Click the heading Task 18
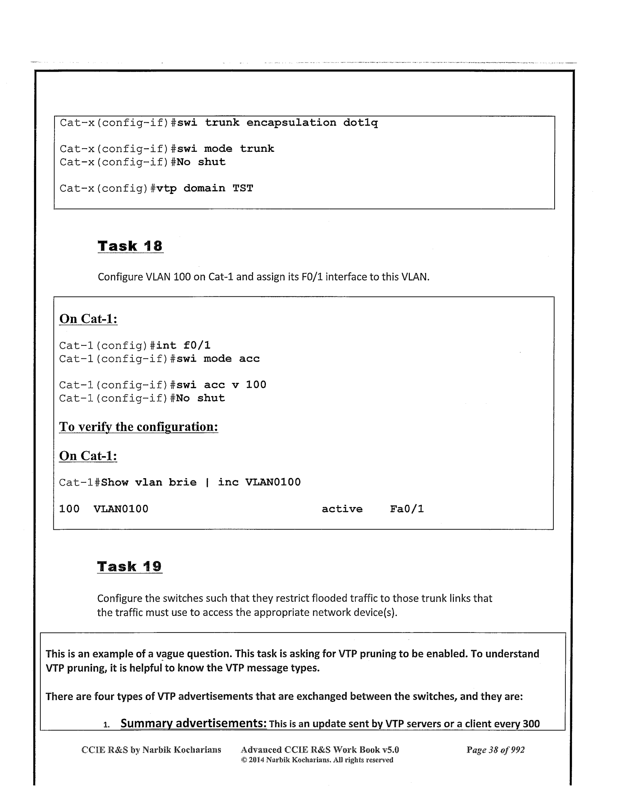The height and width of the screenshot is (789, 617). click(x=130, y=246)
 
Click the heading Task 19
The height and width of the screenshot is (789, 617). click(x=129, y=566)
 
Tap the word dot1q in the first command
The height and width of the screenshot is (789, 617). click(x=360, y=123)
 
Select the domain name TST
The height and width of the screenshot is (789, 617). click(x=243, y=189)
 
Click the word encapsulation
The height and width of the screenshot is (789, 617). click(x=291, y=123)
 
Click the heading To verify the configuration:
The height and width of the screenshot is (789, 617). click(x=139, y=427)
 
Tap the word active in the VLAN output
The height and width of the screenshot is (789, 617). click(x=342, y=509)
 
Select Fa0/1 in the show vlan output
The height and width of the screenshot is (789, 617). click(x=407, y=509)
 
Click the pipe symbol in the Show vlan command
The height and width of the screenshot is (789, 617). click(x=207, y=482)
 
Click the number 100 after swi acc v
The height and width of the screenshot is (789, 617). click(x=256, y=385)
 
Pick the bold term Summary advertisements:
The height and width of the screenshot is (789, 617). click(x=193, y=723)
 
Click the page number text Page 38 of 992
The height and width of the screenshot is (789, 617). click(x=496, y=750)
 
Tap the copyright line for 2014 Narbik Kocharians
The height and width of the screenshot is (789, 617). click(x=317, y=760)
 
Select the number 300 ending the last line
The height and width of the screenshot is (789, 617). click(x=531, y=724)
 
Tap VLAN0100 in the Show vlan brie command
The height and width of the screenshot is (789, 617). click(x=273, y=482)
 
